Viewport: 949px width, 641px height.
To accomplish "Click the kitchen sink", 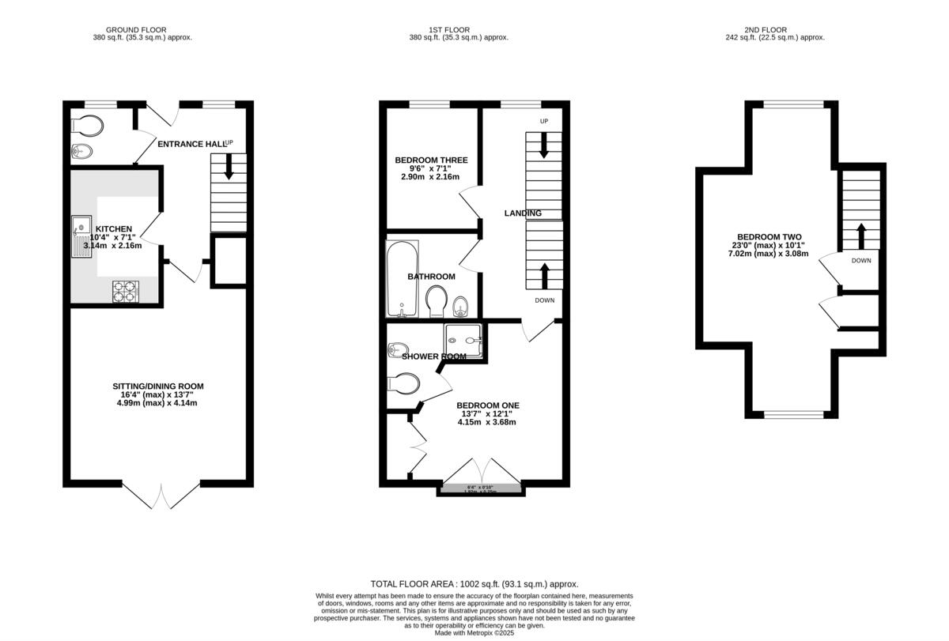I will [81, 236].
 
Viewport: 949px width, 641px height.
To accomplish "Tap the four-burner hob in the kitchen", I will [125, 292].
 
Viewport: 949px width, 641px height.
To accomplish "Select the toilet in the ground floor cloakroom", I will [86, 126].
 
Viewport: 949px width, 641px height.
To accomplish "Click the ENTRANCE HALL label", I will [190, 144].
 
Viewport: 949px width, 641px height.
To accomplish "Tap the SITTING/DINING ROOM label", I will [157, 386].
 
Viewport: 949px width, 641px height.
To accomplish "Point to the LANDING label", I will [523, 213].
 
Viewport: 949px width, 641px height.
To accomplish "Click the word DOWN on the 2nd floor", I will [861, 260].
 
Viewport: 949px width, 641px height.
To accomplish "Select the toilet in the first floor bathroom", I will [436, 301].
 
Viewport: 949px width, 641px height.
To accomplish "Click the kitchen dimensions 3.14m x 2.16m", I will [113, 246].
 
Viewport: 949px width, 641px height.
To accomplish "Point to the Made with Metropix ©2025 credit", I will [475, 632].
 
